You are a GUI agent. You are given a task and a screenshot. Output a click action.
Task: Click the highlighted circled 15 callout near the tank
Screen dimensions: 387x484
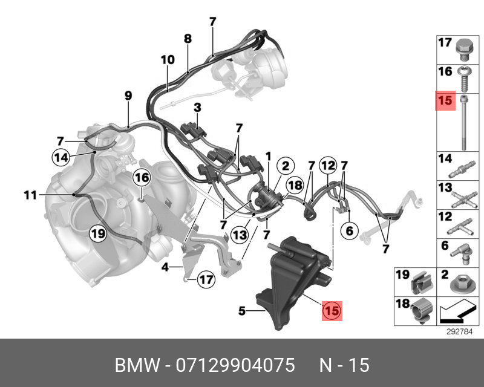(332, 311)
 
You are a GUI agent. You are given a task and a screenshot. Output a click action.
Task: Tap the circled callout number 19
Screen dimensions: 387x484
(98, 233)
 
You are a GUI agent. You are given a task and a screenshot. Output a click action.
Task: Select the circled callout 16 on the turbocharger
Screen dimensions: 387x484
(141, 178)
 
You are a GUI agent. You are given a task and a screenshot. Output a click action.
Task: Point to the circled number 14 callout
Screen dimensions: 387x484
(60, 157)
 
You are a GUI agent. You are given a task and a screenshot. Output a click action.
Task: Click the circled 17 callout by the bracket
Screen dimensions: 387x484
(206, 280)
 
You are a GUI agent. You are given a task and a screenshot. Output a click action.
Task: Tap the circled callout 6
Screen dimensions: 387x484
(348, 230)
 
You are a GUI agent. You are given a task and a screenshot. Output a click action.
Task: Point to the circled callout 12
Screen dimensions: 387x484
(327, 164)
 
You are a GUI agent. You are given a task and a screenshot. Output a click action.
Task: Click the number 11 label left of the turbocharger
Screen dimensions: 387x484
(31, 195)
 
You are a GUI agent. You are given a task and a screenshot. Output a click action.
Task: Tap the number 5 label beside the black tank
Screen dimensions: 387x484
(241, 311)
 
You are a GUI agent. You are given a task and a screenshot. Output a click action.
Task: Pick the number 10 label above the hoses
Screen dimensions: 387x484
(168, 60)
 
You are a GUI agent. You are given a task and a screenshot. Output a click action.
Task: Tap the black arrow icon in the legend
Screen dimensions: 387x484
(457, 313)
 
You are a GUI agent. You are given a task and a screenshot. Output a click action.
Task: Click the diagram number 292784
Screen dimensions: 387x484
(459, 331)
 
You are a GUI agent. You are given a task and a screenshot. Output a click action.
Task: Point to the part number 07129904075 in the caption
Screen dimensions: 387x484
(235, 365)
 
